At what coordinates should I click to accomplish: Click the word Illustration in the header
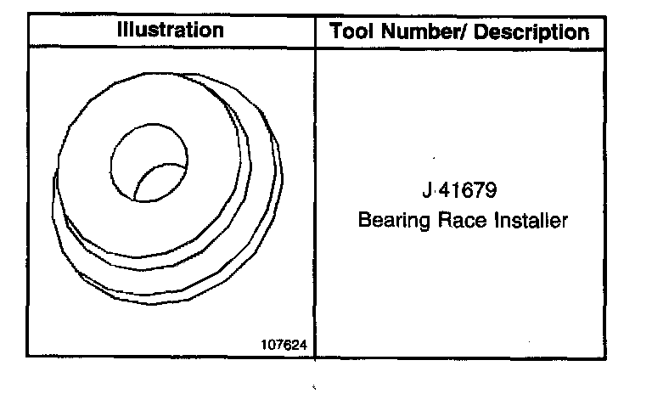pos(171,30)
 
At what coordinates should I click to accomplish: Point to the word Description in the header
pos(531,32)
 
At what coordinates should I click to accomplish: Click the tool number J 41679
pos(459,190)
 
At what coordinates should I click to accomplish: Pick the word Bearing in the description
pos(394,220)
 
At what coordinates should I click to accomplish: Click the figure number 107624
pos(284,345)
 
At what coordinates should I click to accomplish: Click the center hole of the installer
pos(149,163)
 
